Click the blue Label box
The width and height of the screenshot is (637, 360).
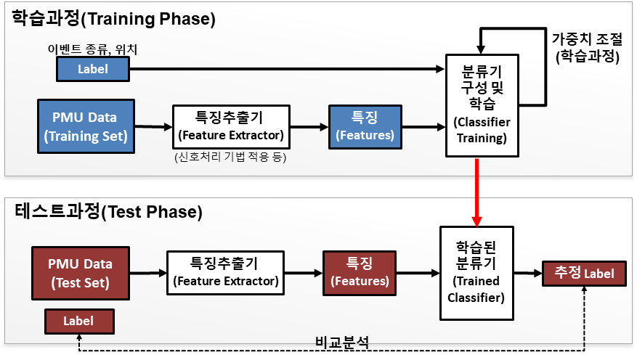tap(93, 69)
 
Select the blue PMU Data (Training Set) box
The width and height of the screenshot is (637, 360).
tap(86, 126)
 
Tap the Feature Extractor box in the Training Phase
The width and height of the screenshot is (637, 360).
tap(231, 127)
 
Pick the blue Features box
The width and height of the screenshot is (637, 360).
tap(365, 127)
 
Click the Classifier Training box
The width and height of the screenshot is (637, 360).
tap(482, 105)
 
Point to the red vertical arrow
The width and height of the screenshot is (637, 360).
tap(476, 192)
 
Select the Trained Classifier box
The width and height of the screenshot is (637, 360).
tap(477, 273)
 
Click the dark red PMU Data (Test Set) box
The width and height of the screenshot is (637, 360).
tap(81, 273)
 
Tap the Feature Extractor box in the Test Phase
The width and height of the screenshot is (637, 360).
tap(225, 273)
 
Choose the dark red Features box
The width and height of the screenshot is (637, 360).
tap(360, 273)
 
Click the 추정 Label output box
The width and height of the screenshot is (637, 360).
tap(584, 274)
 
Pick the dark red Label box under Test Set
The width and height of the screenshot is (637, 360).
tap(79, 322)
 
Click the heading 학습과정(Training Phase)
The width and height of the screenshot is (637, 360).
tap(113, 19)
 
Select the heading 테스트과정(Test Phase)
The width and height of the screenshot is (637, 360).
tap(108, 211)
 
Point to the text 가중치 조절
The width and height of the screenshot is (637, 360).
tap(587, 39)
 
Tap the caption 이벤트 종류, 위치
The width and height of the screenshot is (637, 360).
tap(93, 49)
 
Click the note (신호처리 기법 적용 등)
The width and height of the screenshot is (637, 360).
tap(230, 157)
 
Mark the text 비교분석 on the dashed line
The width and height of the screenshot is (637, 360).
tap(342, 343)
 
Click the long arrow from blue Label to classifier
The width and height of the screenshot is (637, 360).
tap(287, 69)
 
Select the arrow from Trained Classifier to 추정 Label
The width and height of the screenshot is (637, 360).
tap(528, 273)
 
